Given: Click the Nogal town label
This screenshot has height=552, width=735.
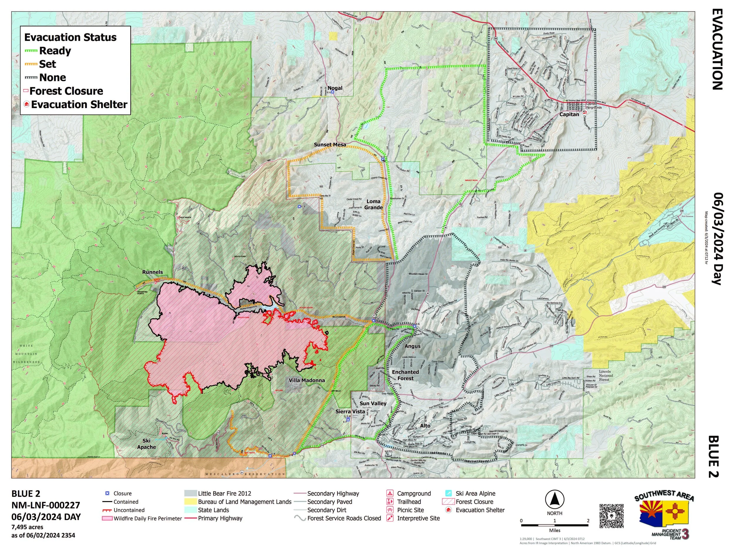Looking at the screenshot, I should tap(335, 88).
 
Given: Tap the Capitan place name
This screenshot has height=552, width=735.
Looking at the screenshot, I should tap(569, 114).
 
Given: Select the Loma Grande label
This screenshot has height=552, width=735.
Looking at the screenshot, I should tap(373, 204).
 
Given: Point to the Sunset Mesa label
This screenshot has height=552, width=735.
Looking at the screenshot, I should tap(330, 145).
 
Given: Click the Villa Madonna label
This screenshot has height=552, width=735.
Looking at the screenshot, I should tap(307, 380).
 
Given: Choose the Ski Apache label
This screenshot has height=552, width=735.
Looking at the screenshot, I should tap(146, 444).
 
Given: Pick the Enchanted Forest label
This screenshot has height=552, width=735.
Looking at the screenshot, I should tap(405, 375).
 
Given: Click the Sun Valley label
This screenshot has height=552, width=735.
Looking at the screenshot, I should tap(373, 403).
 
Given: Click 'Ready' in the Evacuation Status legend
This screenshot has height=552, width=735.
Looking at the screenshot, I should tap(55, 51).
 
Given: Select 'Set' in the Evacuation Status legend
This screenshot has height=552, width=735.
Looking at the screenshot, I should tap(48, 64).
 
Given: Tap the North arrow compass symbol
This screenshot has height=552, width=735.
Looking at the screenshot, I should tap(554, 500).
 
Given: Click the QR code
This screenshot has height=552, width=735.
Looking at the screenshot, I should tap(612, 516).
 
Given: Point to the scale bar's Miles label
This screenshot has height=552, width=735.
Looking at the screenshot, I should tap(554, 531).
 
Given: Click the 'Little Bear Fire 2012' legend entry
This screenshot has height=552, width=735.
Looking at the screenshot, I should tap(224, 493).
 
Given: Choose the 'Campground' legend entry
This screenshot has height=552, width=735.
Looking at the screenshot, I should tap(414, 493).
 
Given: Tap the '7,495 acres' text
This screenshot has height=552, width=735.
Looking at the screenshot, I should tap(27, 527).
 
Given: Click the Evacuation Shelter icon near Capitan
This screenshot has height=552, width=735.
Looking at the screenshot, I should tap(584, 112).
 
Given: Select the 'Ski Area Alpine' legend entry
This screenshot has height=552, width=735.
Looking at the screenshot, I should tap(475, 493).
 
